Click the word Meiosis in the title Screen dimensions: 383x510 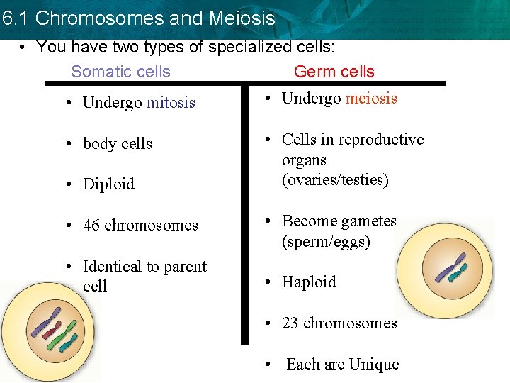click(242, 18)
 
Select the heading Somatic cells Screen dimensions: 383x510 click(121, 72)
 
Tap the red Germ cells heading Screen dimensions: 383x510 click(334, 72)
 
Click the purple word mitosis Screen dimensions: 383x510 click(171, 103)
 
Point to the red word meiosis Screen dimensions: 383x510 click(371, 99)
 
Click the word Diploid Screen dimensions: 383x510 click(108, 184)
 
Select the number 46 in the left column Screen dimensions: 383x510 click(91, 226)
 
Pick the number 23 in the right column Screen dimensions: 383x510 click(290, 323)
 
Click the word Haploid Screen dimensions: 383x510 click(309, 282)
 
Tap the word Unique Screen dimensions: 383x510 click(374, 365)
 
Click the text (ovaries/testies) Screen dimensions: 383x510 click(335, 180)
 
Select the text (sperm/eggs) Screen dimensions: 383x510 click(326, 242)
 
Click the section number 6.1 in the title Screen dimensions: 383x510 click(15, 18)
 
